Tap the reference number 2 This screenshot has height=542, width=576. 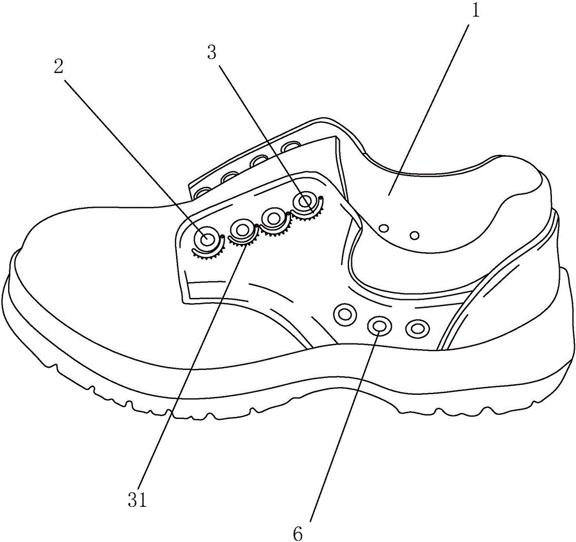(58, 67)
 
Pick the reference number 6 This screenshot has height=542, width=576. (297, 533)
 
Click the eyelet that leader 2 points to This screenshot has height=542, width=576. (206, 238)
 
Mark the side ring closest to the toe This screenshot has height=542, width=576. (346, 314)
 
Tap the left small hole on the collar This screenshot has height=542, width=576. (384, 228)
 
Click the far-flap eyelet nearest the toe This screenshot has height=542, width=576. (202, 190)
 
